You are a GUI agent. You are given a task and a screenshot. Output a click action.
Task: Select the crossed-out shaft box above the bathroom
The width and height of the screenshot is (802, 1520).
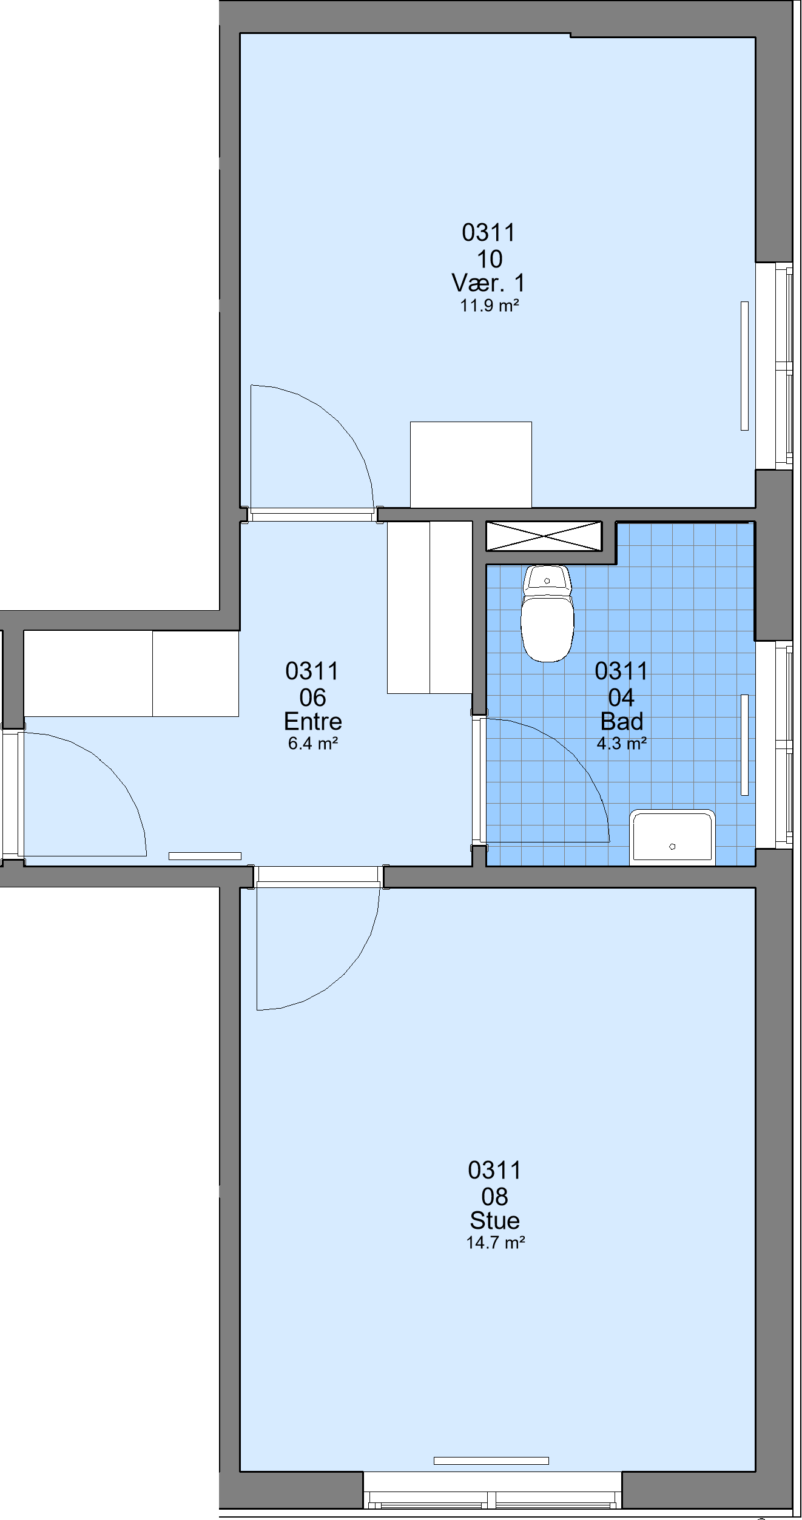(x=544, y=536)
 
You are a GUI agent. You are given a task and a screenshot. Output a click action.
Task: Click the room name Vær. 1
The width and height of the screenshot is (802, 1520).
(x=488, y=283)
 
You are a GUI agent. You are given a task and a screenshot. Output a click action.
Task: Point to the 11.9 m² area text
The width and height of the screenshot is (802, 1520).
(x=490, y=305)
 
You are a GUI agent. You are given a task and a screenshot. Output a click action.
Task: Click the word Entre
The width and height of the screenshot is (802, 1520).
(x=313, y=721)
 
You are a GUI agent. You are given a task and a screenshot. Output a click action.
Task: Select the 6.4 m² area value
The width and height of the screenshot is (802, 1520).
(x=313, y=743)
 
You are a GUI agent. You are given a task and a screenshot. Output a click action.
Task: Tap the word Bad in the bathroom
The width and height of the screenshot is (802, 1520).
(x=622, y=721)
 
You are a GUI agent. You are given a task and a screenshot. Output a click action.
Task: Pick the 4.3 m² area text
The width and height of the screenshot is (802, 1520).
(x=622, y=743)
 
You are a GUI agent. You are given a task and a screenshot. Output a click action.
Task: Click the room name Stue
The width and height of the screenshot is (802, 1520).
(x=495, y=1220)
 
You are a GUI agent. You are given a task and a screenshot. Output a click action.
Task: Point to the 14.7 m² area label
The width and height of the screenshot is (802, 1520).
(x=496, y=1242)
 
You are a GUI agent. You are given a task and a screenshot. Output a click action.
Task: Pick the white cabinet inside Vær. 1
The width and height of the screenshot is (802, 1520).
(x=471, y=465)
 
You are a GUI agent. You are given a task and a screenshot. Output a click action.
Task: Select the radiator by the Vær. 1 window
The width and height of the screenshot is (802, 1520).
(x=744, y=366)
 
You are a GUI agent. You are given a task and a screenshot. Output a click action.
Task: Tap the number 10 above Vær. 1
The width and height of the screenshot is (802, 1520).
(x=490, y=259)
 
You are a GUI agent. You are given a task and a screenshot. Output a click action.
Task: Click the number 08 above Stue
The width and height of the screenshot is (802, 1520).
(x=495, y=1197)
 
